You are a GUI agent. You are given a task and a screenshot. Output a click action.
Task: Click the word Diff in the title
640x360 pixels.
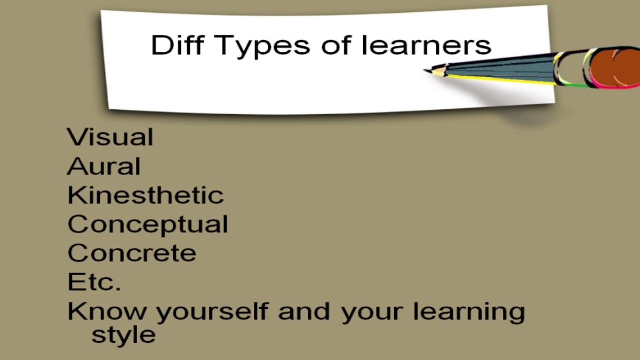click(x=178, y=45)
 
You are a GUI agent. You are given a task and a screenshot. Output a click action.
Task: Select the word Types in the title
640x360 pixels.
click(x=262, y=47)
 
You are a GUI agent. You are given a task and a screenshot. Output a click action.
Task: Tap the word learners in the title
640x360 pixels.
click(x=426, y=45)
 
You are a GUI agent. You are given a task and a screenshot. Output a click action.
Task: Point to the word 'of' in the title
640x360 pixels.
click(x=335, y=45)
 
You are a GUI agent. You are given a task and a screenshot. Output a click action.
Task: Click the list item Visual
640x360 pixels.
click(x=110, y=137)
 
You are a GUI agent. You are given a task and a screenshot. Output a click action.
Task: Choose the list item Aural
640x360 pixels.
click(x=103, y=166)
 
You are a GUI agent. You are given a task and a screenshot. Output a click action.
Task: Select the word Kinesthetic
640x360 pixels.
click(x=146, y=195)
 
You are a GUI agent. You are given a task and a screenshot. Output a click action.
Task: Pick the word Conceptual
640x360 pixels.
click(x=148, y=226)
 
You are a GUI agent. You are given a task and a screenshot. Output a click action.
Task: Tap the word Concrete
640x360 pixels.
click(x=132, y=253)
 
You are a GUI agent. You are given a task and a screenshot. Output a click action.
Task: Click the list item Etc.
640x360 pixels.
click(x=94, y=282)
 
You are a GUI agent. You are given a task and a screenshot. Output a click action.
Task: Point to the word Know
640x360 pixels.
click(x=107, y=311)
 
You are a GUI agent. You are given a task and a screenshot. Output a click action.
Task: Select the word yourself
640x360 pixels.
click(x=213, y=313)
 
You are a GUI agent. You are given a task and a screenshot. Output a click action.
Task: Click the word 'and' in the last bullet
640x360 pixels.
click(x=305, y=311)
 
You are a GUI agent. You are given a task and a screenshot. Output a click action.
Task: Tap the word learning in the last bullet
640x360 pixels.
click(x=469, y=313)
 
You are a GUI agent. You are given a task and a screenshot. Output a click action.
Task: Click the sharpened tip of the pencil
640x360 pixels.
click(x=425, y=70)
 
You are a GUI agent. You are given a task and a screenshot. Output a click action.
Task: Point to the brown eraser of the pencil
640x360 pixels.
click(x=615, y=68)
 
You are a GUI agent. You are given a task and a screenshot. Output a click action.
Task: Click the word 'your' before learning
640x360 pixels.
click(x=372, y=314)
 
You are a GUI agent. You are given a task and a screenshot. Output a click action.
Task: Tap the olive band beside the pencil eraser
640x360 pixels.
click(x=571, y=68)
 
